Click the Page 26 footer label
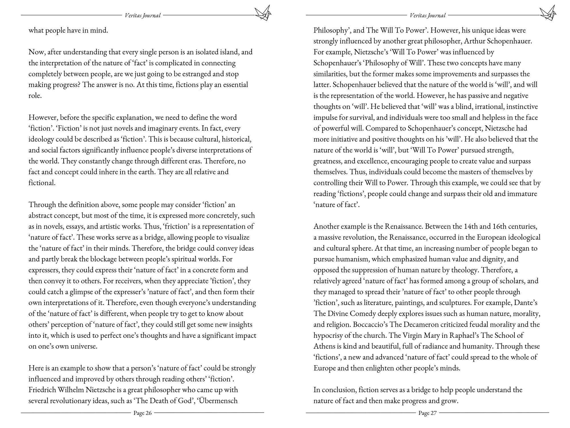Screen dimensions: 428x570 pos(142,413)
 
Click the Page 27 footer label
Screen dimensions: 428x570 pos(427,413)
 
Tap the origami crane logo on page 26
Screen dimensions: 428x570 pos(263,13)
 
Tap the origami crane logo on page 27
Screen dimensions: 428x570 pos(548,13)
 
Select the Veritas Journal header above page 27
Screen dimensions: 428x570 pos(427,15)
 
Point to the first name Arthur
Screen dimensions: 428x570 pos(475,41)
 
